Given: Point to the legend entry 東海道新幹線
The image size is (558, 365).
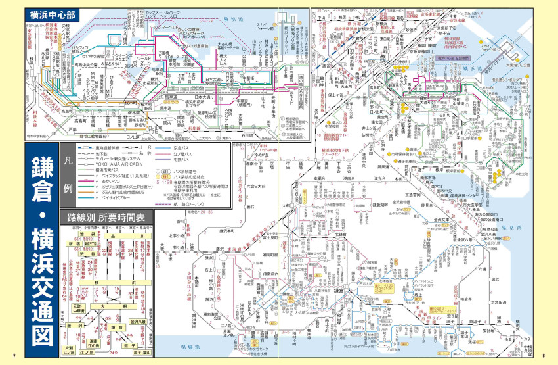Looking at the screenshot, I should tap(112, 149).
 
